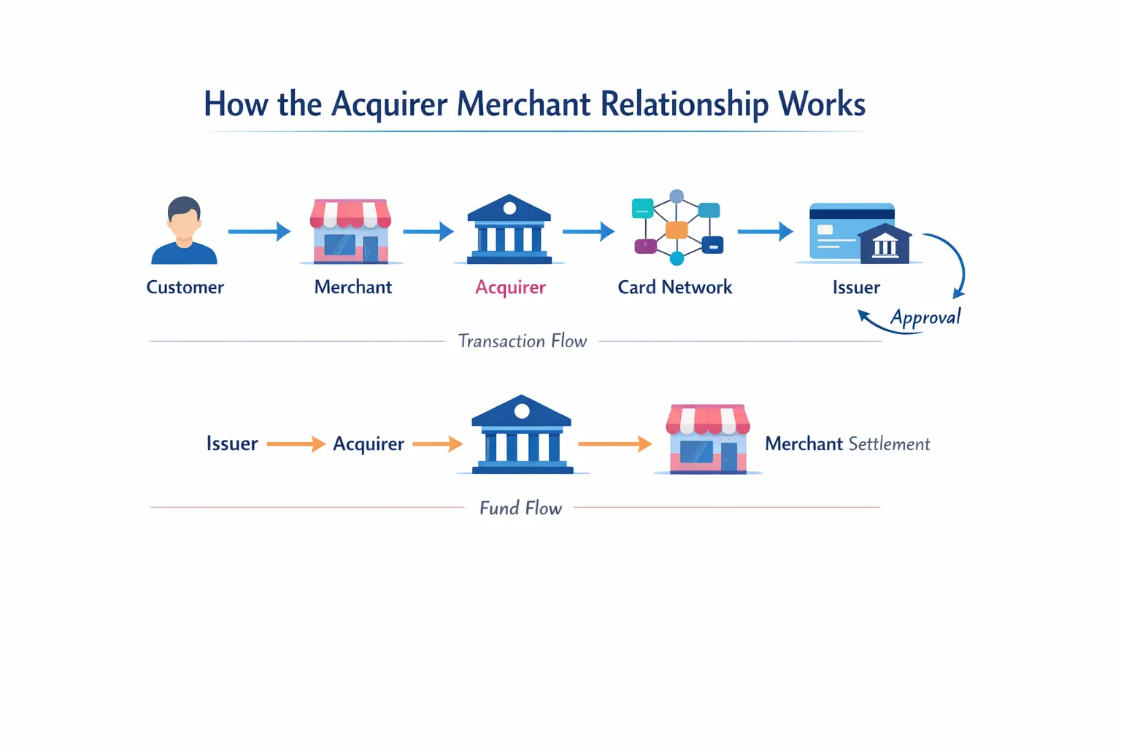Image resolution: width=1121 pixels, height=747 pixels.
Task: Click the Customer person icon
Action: tap(184, 231)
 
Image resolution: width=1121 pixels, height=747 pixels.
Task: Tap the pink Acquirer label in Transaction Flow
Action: tap(510, 287)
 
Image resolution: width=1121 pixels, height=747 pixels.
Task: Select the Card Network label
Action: tap(674, 287)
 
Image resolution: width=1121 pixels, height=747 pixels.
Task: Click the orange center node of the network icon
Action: tap(677, 230)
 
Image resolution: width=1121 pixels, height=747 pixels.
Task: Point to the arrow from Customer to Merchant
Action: tap(259, 232)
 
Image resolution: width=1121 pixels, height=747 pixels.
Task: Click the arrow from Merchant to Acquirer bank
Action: tap(428, 232)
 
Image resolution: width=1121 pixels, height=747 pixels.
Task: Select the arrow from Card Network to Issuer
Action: tap(765, 232)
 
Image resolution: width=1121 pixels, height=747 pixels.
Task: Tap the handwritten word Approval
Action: tap(925, 318)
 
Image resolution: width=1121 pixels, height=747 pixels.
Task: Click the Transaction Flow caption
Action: tap(522, 341)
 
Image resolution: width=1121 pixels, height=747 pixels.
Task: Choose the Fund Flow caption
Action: tap(520, 508)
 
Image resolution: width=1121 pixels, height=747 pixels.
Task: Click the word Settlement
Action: tap(889, 444)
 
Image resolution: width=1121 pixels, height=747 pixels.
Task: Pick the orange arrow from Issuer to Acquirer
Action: tap(296, 444)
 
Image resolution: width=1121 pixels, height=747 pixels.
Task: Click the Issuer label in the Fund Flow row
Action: tap(232, 444)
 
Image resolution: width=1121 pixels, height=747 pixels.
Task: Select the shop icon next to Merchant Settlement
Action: tap(707, 439)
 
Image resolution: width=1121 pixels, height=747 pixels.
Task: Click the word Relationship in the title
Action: tap(684, 104)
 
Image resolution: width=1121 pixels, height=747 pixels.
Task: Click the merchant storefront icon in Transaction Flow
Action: tap(351, 231)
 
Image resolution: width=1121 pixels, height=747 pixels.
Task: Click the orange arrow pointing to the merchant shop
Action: tap(615, 444)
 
